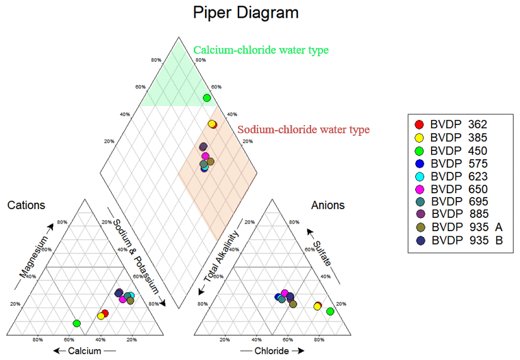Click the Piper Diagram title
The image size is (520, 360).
pyautogui.click(x=245, y=13)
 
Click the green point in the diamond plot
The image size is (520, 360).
pyautogui.click(x=206, y=97)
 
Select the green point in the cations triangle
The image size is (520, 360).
pyautogui.click(x=76, y=323)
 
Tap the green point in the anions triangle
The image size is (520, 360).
pyautogui.click(x=330, y=311)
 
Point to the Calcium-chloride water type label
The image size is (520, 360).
pyautogui.click(x=261, y=50)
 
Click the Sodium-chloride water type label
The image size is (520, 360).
pyautogui.click(x=304, y=129)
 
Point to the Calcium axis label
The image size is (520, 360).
pyautogui.click(x=85, y=351)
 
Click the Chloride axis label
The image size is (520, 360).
pyautogui.click(x=272, y=351)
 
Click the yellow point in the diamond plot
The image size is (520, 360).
pyautogui.click(x=211, y=124)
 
